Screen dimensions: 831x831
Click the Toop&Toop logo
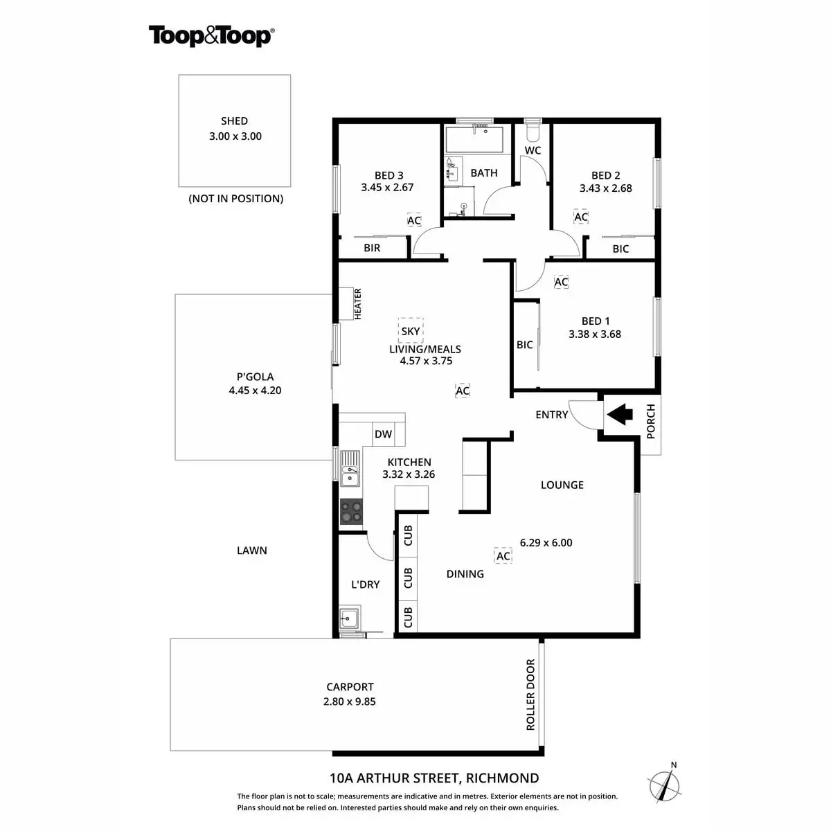[x=211, y=35]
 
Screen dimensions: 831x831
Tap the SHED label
[x=234, y=121]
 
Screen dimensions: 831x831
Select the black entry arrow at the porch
[x=620, y=415]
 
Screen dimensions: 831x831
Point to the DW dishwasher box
[x=383, y=434]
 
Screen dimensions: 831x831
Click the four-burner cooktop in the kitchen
[x=351, y=512]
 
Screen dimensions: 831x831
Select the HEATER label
[x=358, y=304]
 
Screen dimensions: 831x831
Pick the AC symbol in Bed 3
[x=413, y=221]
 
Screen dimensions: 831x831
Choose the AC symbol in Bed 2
[x=581, y=217]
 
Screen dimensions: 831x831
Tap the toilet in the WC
[x=533, y=131]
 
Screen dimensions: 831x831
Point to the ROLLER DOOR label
[x=531, y=695]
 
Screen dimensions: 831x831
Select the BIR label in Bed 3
[x=372, y=248]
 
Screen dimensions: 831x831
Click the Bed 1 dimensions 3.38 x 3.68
[x=594, y=334]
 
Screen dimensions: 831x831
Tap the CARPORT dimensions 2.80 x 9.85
[x=350, y=701]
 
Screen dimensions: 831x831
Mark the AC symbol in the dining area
[x=503, y=556]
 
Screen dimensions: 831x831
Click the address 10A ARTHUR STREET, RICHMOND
[x=434, y=778]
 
